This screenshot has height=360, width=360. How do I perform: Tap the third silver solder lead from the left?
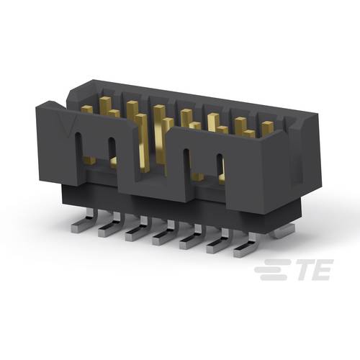135,233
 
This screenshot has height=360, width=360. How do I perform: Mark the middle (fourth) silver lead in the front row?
161,238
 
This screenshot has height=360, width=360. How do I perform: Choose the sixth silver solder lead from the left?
217,247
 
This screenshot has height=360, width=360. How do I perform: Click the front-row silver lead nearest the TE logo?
243,250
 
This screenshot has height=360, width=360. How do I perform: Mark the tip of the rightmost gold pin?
267,125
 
